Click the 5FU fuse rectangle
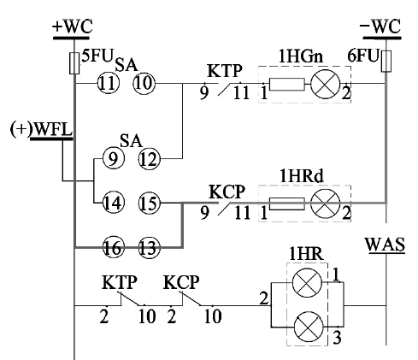(74, 63)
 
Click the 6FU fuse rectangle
(386, 62)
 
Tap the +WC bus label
(73, 27)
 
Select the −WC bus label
(380, 27)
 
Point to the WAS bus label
(385, 245)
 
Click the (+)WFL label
(41, 129)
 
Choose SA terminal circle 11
(109, 84)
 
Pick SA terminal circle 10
(144, 84)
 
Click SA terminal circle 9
(113, 159)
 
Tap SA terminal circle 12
(150, 159)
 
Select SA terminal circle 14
(113, 203)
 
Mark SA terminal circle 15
(150, 203)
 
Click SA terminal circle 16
(113, 247)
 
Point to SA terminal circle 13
(150, 247)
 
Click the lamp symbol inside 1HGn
(325, 84)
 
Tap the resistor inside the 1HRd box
(287, 204)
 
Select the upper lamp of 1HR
(307, 283)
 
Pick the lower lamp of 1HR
(309, 326)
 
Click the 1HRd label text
(302, 176)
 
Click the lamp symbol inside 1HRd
(325, 204)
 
